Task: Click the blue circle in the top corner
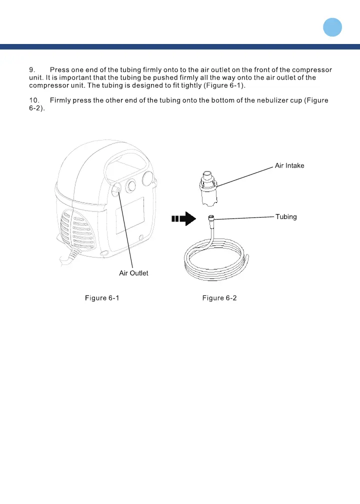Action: [x=331, y=27]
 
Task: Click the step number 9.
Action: [x=33, y=69]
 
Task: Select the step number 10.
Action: [x=35, y=100]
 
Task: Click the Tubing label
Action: [x=286, y=216]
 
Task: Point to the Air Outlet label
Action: [x=133, y=273]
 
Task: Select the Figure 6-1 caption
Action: [x=102, y=298]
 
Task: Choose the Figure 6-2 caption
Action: [x=219, y=298]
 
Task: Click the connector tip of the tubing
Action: [x=211, y=218]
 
